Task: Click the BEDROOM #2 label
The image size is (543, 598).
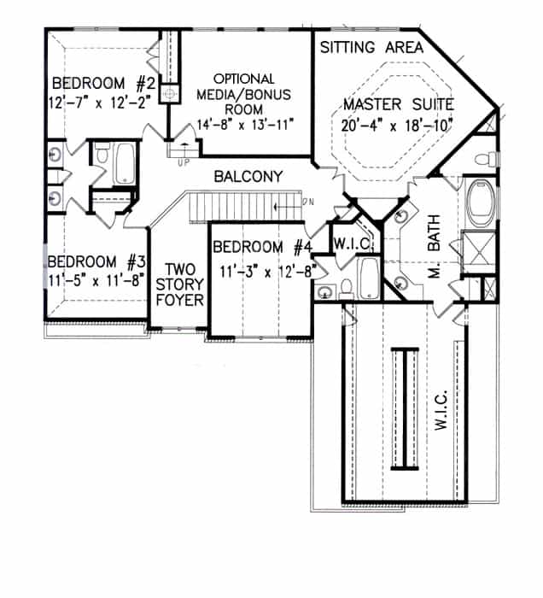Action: coord(102,84)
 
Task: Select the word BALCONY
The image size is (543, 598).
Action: coord(248,178)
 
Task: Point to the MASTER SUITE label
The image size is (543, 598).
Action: coord(398,105)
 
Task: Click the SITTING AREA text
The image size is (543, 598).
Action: coord(371,48)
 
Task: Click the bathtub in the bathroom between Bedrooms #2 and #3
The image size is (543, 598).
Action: coord(125,163)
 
